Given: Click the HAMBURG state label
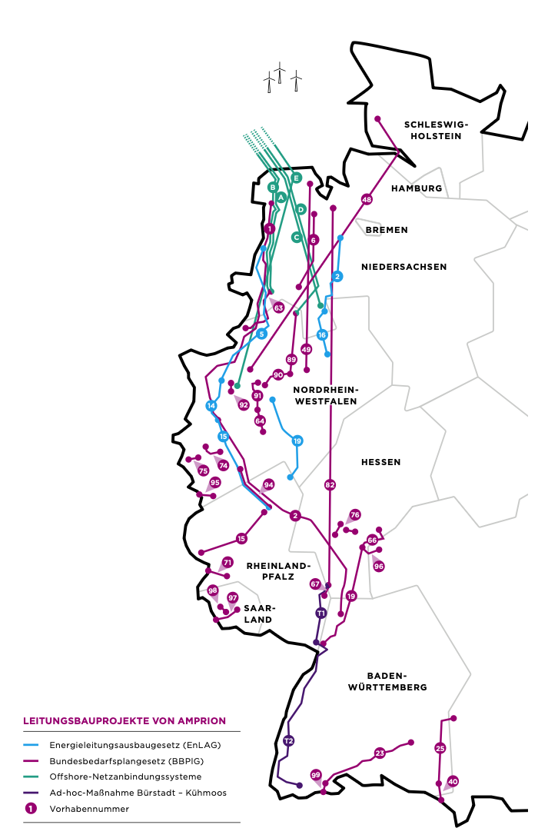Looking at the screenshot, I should [417, 188].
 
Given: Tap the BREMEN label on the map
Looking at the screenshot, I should [387, 230].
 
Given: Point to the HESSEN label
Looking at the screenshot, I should [381, 462].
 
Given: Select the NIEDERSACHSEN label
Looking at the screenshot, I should [404, 267].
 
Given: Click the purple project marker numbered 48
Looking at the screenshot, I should [367, 199].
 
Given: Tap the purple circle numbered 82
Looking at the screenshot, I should [330, 485].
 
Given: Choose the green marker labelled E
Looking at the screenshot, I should [296, 178].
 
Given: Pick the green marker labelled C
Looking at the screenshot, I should [296, 237].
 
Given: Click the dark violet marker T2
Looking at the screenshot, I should [288, 741].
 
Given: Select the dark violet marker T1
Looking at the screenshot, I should [320, 613].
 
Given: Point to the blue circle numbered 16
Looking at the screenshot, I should [322, 334].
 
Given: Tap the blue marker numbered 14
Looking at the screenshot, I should [211, 406].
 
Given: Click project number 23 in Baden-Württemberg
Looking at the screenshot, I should [380, 753].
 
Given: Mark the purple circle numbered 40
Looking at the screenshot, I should [453, 781].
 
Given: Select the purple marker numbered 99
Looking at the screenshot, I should [316, 774].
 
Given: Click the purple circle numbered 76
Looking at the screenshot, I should [355, 515].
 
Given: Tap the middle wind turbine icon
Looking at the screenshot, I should [281, 74].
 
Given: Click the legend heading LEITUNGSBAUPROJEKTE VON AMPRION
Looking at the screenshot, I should [125, 721].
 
